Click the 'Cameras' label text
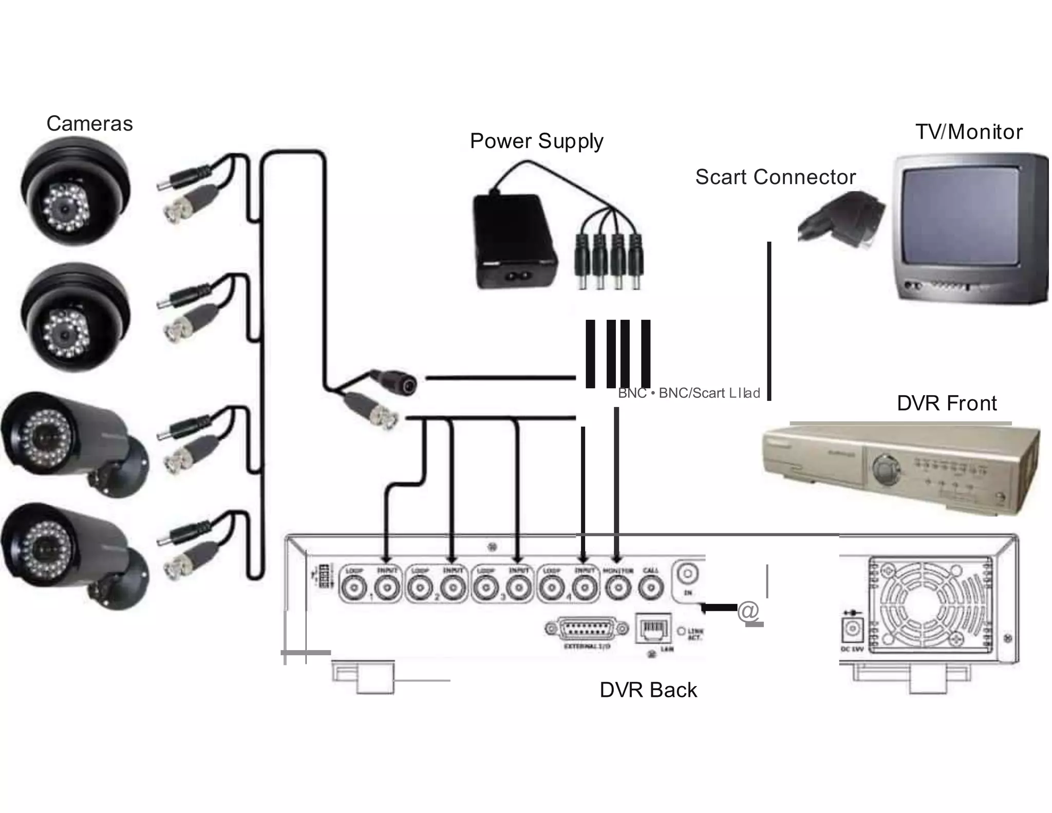click(89, 124)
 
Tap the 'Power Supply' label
click(536, 141)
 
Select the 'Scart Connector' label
click(775, 177)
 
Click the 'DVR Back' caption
click(648, 690)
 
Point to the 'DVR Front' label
click(946, 403)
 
